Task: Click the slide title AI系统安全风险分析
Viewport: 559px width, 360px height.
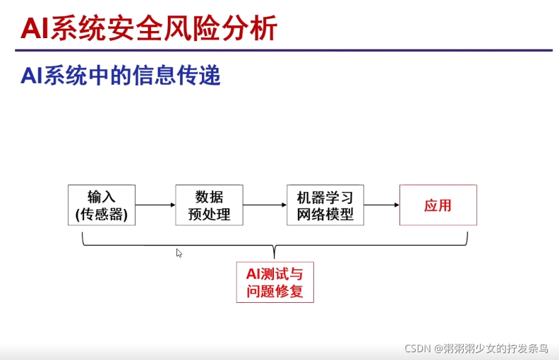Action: point(149,28)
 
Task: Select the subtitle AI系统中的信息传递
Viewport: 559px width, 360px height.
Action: point(121,76)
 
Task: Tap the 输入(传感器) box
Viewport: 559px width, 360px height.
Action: point(102,205)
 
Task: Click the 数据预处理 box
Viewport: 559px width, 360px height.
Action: point(209,205)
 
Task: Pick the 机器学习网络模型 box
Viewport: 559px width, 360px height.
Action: point(325,205)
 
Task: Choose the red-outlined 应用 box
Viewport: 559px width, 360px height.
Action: point(438,205)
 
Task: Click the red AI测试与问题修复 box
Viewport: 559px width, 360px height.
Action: point(275,282)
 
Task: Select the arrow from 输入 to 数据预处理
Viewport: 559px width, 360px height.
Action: point(155,205)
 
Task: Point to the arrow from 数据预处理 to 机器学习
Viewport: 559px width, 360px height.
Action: point(265,205)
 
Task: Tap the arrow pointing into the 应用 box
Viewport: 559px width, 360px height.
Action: point(382,205)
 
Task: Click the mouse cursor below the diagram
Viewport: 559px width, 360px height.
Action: point(179,253)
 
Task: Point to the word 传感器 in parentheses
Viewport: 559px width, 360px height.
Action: point(102,214)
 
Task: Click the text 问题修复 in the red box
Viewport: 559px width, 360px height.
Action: point(275,291)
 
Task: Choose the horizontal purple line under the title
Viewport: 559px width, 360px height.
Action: point(282,50)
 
